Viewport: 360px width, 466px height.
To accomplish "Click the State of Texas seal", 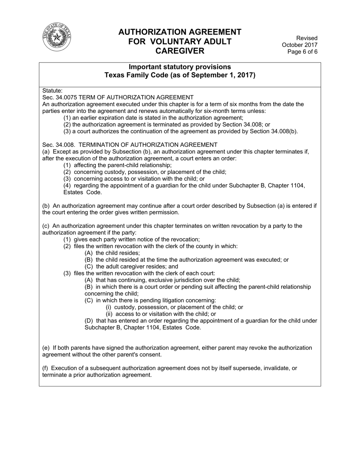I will click(x=57, y=37).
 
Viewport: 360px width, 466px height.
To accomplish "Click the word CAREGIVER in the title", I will click(x=180, y=51).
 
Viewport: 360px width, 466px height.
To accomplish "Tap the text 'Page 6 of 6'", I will click(x=302, y=52).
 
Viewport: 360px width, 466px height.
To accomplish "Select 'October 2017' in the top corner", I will click(x=300, y=45).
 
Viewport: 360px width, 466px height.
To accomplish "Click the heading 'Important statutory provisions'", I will click(x=180, y=67).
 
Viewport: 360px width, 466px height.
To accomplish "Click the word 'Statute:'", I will click(x=52, y=91).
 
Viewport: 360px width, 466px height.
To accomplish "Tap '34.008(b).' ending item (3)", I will click(x=284, y=131).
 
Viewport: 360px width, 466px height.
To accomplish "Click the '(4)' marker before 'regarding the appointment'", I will click(x=67, y=186).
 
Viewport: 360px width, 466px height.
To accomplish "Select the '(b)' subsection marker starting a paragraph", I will click(x=46, y=206).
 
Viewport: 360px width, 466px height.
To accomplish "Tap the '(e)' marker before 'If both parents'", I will click(x=46, y=348).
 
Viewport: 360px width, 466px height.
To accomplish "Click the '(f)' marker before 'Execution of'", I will click(x=45, y=368).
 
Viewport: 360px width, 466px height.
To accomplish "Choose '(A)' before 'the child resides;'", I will click(x=89, y=253).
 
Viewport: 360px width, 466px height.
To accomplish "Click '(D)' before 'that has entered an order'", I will click(x=89, y=321).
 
